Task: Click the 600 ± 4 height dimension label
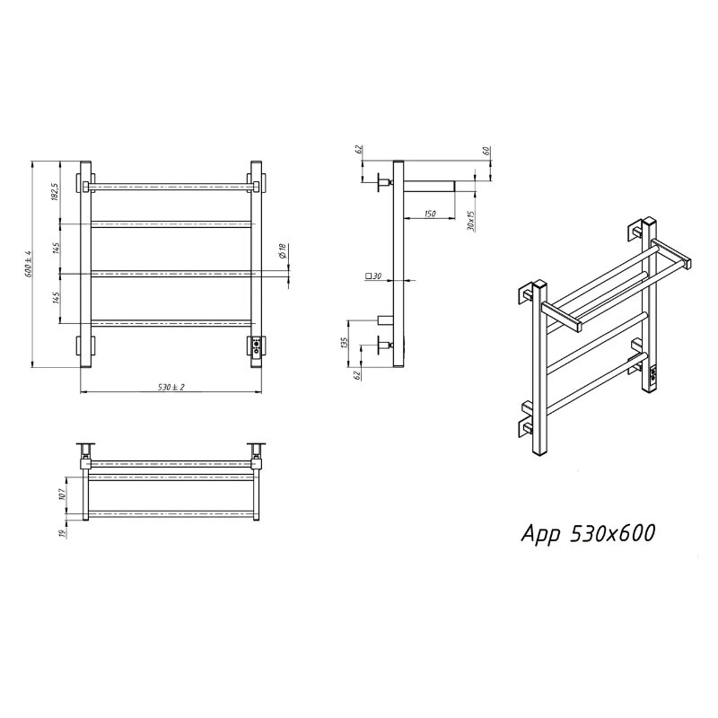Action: click(x=29, y=263)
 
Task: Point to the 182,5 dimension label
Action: click(x=55, y=191)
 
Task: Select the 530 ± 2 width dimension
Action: click(x=171, y=387)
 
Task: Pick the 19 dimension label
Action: click(x=63, y=531)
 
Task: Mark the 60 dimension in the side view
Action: click(x=486, y=150)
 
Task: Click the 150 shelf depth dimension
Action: click(x=430, y=214)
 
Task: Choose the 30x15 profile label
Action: click(x=471, y=220)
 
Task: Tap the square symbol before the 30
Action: click(x=368, y=276)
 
